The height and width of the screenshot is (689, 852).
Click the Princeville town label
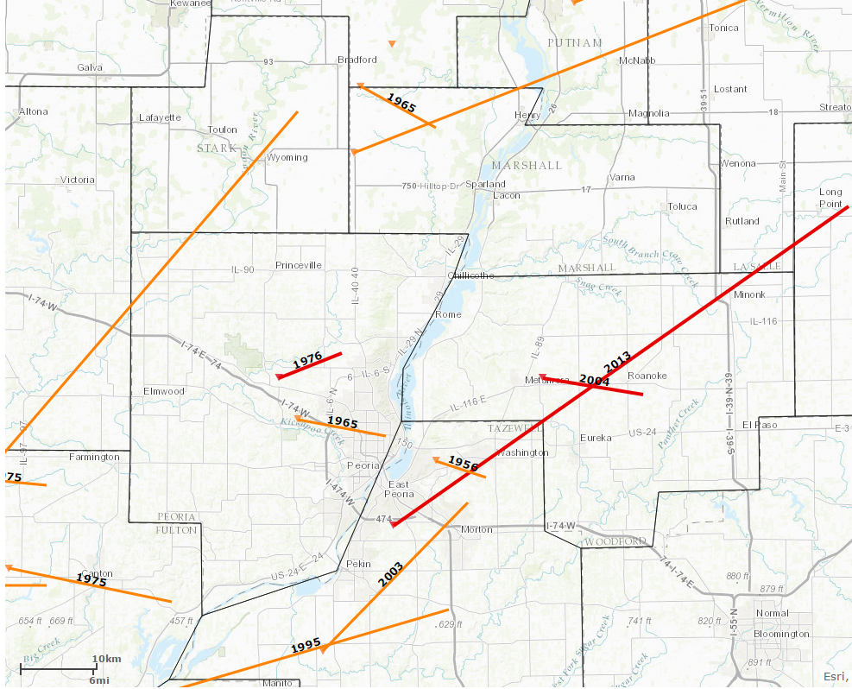coord(299,265)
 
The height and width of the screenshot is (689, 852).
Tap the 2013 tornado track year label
coord(618,363)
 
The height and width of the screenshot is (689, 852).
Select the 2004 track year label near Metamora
coord(595,380)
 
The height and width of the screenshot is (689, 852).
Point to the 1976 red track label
coord(307,361)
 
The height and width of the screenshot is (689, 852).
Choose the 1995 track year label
coord(306,645)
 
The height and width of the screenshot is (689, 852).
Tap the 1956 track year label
coord(464,465)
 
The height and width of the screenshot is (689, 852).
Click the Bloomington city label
coord(782,634)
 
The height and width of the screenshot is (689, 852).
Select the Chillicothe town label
coord(471,275)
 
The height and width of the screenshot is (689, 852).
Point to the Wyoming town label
coord(287,158)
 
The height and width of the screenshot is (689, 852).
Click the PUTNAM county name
coord(575,43)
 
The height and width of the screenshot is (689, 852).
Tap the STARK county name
coord(216,149)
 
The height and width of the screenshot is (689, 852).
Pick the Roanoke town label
coord(647,376)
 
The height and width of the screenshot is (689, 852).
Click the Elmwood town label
coord(164,391)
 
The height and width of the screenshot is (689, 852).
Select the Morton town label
coord(476,529)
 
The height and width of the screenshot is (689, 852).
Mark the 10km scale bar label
coord(106,660)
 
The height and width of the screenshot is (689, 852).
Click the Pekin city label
coord(357,563)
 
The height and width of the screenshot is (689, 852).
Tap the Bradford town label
coord(357,60)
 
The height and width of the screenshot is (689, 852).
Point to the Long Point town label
coord(830,198)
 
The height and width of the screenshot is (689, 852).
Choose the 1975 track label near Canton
coord(92,580)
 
